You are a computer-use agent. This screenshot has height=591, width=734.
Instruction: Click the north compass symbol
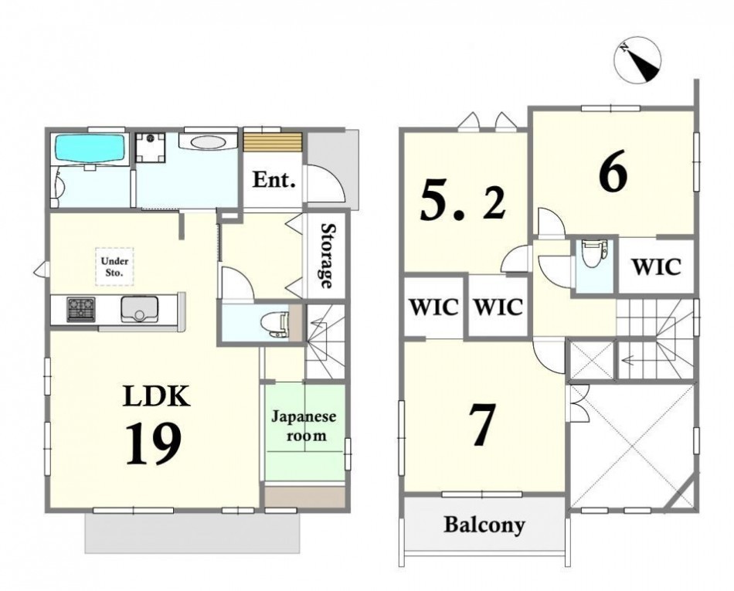(x=637, y=61)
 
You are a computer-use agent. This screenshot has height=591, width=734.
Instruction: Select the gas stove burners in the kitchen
(x=81, y=309)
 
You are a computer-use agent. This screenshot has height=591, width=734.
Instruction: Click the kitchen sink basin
(x=136, y=309)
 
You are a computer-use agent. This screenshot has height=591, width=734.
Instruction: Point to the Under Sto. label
(x=114, y=267)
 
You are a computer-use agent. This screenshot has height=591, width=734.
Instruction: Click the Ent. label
(x=274, y=180)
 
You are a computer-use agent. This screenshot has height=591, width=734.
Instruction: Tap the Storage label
(x=328, y=256)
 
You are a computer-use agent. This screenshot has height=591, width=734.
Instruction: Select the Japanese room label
(x=304, y=426)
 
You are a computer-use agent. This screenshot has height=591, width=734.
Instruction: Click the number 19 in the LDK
(x=153, y=443)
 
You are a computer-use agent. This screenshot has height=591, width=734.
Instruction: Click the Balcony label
(x=484, y=525)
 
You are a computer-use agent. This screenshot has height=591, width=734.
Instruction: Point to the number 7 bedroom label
(x=482, y=426)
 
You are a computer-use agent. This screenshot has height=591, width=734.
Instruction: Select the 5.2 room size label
(x=463, y=201)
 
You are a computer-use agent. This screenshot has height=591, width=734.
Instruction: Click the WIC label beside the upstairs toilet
(x=655, y=267)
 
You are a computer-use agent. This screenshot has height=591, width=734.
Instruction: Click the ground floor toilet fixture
(x=275, y=323)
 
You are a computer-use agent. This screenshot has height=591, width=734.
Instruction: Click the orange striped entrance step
(x=273, y=141)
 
